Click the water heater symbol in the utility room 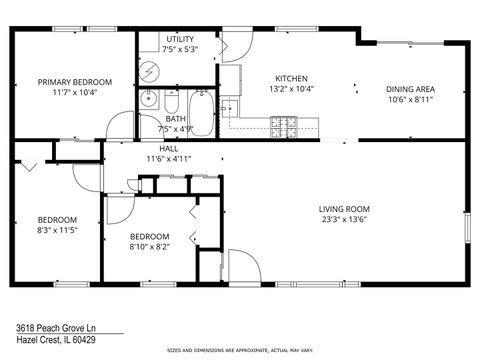(149, 73)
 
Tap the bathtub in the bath (201, 112)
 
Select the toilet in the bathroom (171, 104)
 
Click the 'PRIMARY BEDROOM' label (75, 82)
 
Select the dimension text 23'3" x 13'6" (346, 220)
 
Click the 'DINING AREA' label (411, 89)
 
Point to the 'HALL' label (155, 148)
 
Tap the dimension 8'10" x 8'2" (149, 246)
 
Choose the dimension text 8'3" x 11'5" (57, 229)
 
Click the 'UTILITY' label (180, 39)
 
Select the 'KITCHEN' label (292, 78)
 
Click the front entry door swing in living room (241, 265)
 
